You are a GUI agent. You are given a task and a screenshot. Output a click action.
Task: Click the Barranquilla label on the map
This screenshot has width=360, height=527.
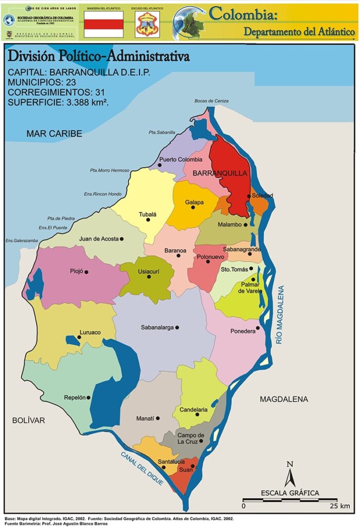(x=220, y=174)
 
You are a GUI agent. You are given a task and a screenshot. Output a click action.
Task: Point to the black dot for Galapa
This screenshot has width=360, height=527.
(x=193, y=207)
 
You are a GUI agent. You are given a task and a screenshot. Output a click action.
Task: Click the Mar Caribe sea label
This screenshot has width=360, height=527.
(x=54, y=133)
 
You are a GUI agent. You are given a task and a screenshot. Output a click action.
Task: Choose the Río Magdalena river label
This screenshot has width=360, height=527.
(x=280, y=315)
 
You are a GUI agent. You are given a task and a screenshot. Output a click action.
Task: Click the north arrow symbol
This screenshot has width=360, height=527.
(x=289, y=474)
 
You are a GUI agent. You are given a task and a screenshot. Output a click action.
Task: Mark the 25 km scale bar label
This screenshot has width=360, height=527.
(x=338, y=506)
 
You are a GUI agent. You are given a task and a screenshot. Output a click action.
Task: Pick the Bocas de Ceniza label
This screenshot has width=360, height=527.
(x=211, y=101)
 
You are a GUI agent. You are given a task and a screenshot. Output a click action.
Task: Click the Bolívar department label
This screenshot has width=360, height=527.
(x=28, y=420)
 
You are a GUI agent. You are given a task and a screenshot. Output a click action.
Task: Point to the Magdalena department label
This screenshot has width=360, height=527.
(x=283, y=399)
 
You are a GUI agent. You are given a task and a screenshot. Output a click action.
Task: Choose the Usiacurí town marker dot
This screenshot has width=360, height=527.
(x=149, y=277)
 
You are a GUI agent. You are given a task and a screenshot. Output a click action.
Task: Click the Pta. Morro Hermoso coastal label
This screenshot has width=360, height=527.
(x=110, y=170)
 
